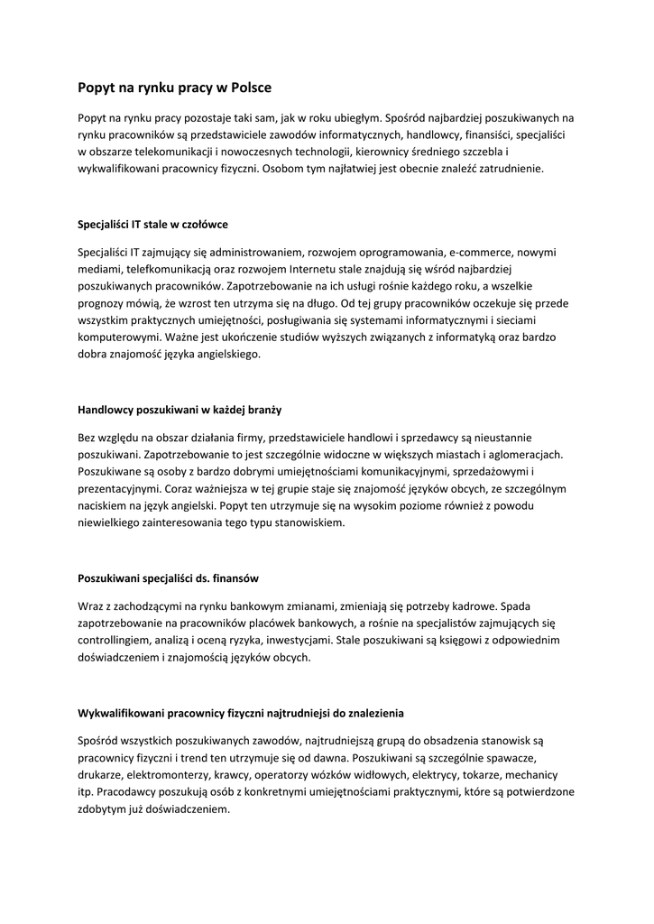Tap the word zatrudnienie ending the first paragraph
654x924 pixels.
click(508, 168)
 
